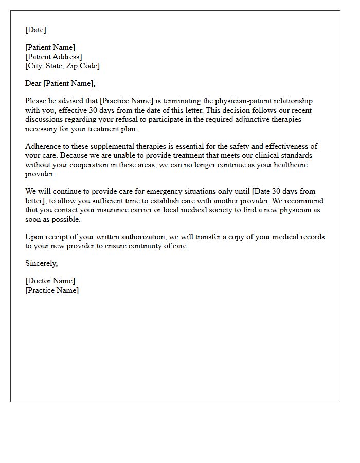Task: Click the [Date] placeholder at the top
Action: [x=35, y=30]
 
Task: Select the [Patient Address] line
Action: [x=53, y=57]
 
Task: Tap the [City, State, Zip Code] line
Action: [x=62, y=66]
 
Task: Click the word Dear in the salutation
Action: [x=33, y=83]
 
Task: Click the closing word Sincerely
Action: [x=41, y=264]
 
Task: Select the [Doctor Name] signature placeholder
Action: [x=50, y=281]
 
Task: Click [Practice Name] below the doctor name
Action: [x=52, y=290]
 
